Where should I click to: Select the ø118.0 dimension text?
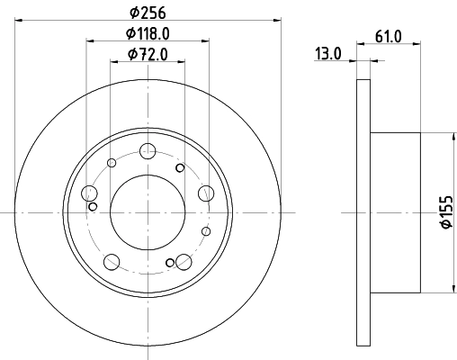click(x=148, y=33)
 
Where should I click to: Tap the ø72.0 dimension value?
click(x=148, y=55)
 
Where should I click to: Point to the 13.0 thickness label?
click(x=328, y=53)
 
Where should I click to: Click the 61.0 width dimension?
click(x=387, y=36)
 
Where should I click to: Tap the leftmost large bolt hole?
click(x=89, y=193)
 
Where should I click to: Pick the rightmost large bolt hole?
click(x=206, y=192)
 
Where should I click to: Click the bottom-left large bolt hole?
click(x=112, y=262)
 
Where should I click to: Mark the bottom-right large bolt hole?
click(x=184, y=262)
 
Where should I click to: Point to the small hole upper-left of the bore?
click(x=112, y=163)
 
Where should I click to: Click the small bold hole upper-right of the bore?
click(x=180, y=167)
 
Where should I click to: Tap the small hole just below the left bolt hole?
click(x=93, y=206)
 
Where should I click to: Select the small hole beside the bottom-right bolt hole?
click(x=170, y=263)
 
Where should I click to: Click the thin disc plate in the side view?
click(x=363, y=212)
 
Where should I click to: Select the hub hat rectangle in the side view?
click(x=395, y=212)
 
